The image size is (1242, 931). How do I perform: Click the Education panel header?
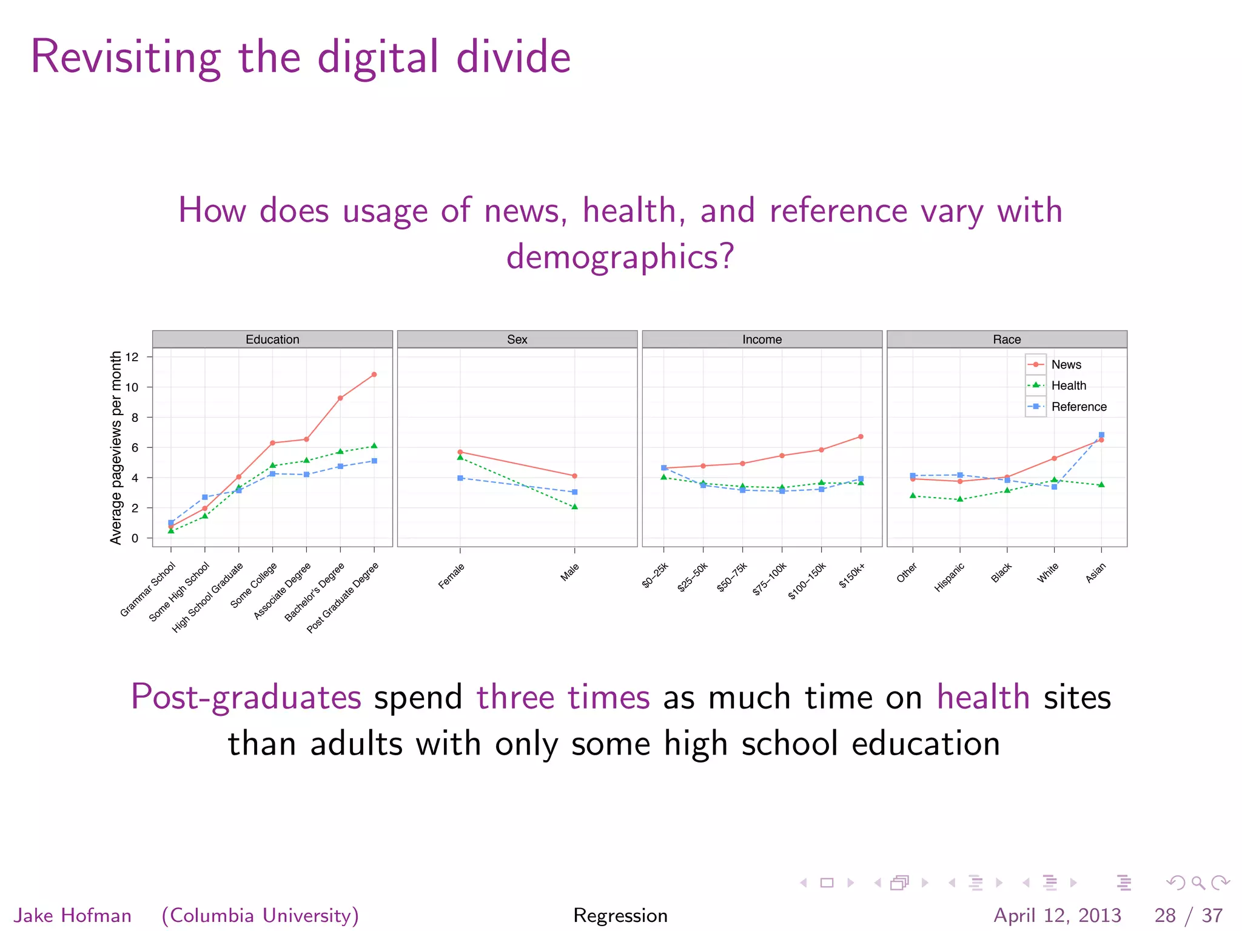click(272, 339)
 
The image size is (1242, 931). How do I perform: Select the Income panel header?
click(762, 339)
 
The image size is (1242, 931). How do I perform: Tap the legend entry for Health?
click(1068, 385)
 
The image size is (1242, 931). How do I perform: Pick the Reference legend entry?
click(1078, 407)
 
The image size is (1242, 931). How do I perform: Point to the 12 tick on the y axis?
click(132, 357)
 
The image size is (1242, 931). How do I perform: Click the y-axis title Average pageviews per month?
click(116, 447)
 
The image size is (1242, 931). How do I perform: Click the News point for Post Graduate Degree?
click(374, 375)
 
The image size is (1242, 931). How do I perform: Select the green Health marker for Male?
click(574, 507)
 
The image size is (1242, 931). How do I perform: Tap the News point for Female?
click(460, 452)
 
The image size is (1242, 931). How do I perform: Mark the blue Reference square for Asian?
click(1101, 435)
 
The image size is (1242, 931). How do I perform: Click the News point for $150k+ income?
click(861, 436)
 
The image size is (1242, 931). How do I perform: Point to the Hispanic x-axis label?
click(949, 578)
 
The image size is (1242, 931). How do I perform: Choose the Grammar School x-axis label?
click(147, 589)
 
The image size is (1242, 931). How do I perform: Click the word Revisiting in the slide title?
click(126, 57)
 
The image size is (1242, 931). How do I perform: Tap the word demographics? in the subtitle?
click(620, 256)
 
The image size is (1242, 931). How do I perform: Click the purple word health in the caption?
click(983, 697)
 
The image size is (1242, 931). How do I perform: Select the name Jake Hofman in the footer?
click(73, 915)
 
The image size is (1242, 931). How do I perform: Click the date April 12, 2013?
click(1057, 915)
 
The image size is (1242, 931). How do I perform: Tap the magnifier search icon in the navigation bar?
click(1198, 883)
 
